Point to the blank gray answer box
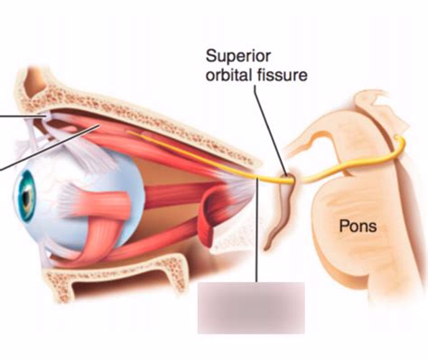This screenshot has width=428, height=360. [x=251, y=306]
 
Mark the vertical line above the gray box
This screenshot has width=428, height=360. [x=258, y=235]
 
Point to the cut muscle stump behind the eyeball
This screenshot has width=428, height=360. [x=206, y=217]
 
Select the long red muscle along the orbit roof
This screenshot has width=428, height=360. [x=172, y=144]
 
